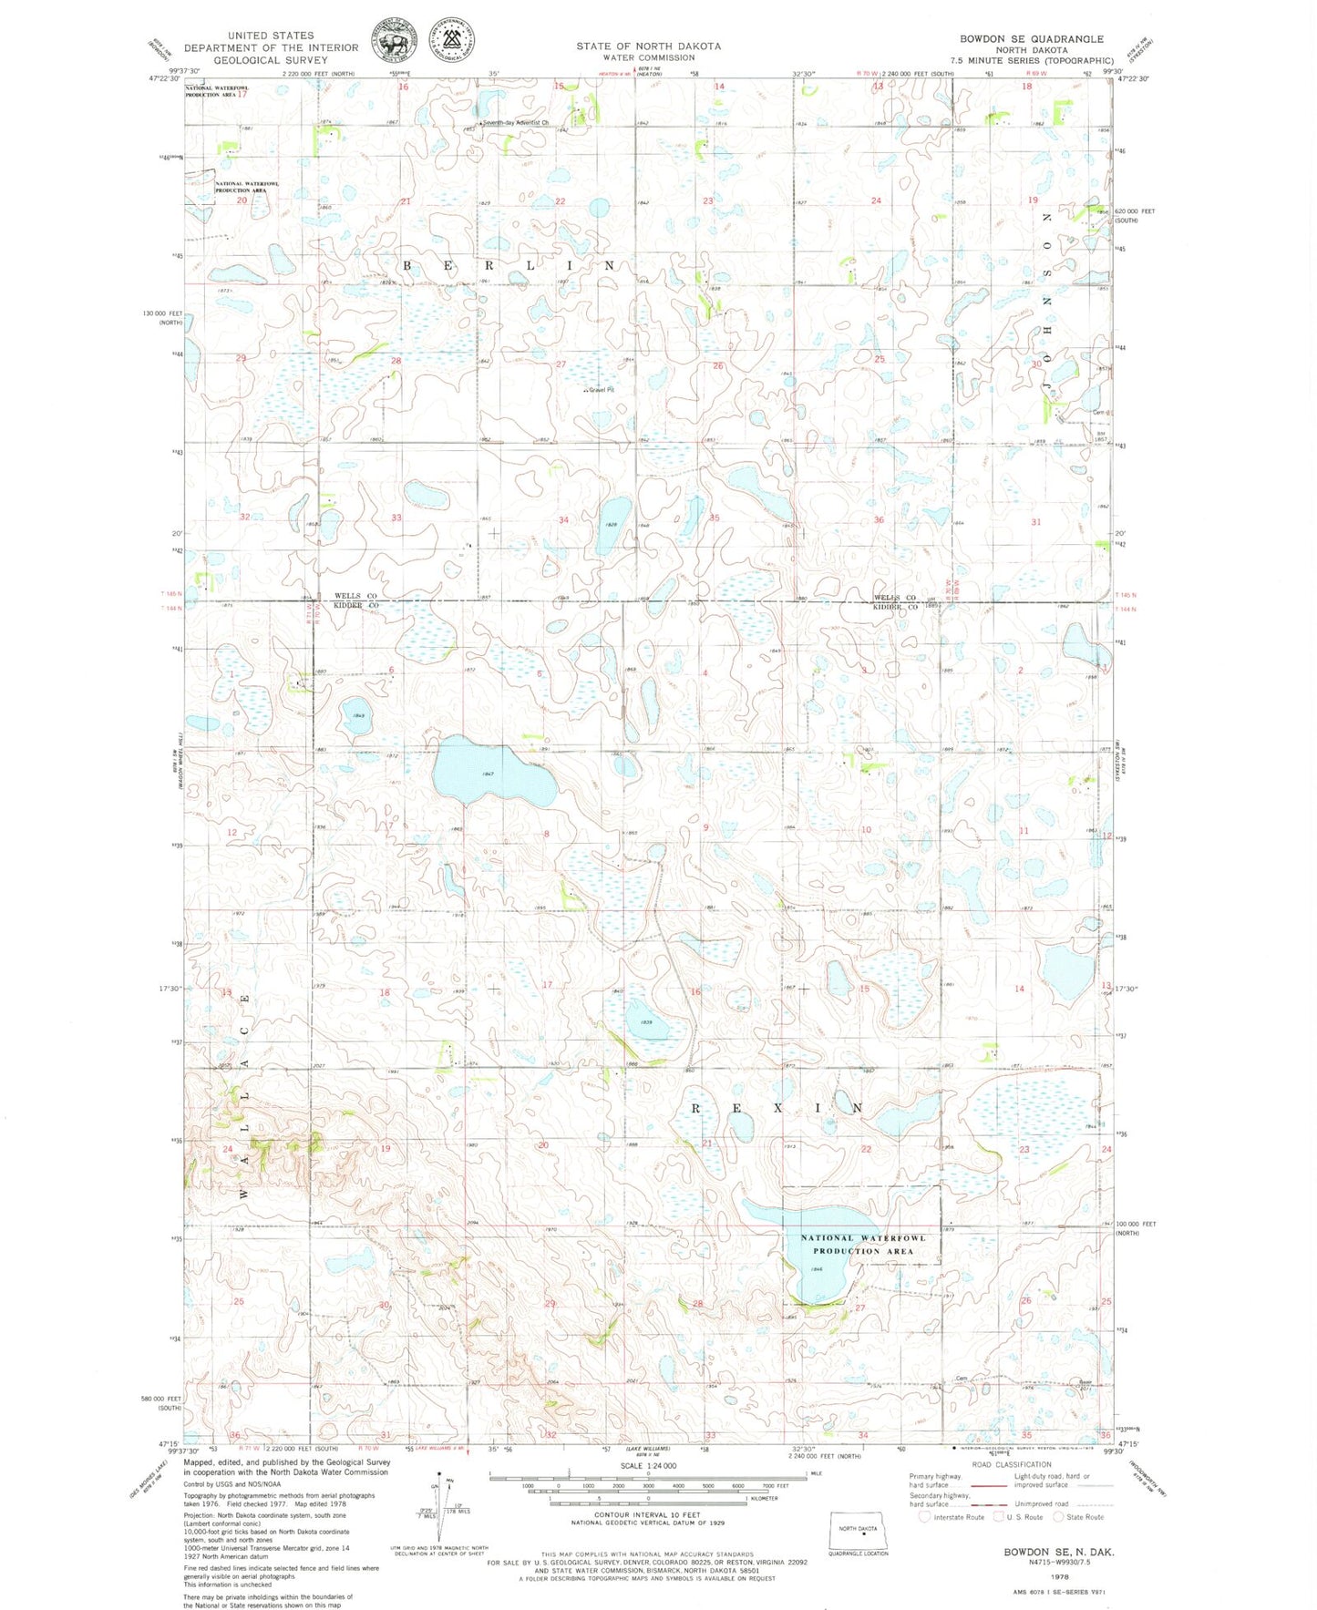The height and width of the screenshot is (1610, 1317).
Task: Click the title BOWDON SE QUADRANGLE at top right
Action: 1031,39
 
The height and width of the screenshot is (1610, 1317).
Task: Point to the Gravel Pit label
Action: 601,390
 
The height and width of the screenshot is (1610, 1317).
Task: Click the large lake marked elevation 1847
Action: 488,773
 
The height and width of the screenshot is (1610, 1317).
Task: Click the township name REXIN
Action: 777,1108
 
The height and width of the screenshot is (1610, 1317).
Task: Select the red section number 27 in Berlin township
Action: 561,364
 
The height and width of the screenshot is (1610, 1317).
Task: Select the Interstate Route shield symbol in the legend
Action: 924,1517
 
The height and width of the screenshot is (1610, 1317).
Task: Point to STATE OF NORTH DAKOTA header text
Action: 648,46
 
